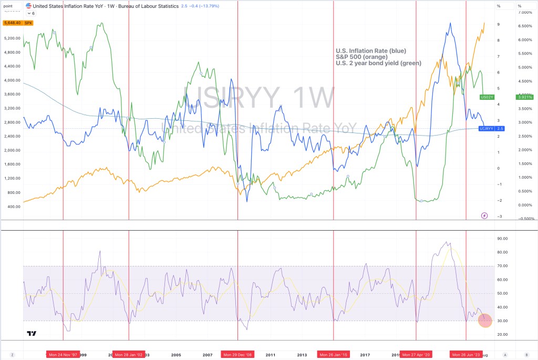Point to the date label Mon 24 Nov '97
pyautogui.click(x=63, y=355)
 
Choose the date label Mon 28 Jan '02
pyautogui.click(x=129, y=355)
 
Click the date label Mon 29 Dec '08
pyautogui.click(x=237, y=355)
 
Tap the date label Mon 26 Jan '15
pyautogui.click(x=334, y=355)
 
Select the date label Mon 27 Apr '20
pyautogui.click(x=416, y=355)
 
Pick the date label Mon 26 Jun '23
pyautogui.click(x=467, y=355)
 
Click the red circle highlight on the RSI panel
pyautogui.click(x=484, y=321)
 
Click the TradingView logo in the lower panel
pyautogui.click(x=32, y=333)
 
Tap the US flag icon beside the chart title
pyautogui.click(x=29, y=6)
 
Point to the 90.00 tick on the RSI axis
pyautogui.click(x=502, y=239)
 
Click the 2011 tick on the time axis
pyautogui.click(x=271, y=355)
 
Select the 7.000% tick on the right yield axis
pyautogui.click(x=525, y=12)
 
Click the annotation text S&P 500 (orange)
pyautogui.click(x=361, y=57)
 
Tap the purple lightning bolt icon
pyautogui.click(x=484, y=215)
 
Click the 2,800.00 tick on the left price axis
pyautogui.click(x=12, y=122)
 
